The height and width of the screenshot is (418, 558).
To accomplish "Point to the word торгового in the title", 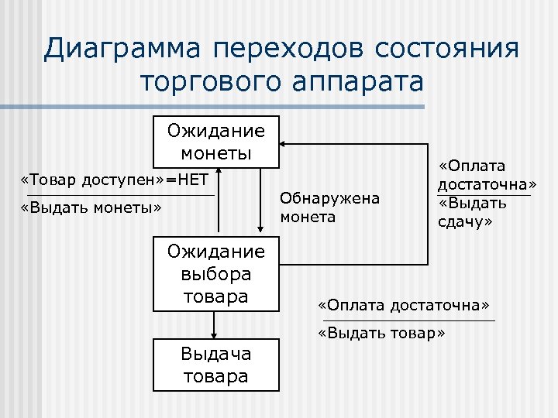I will pyautogui.click(x=208, y=81).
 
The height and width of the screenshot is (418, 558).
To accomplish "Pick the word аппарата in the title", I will pyautogui.click(x=356, y=81).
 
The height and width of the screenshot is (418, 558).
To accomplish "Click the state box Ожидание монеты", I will pyautogui.click(x=216, y=141).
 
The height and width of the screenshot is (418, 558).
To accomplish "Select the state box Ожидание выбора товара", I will pyautogui.click(x=216, y=273).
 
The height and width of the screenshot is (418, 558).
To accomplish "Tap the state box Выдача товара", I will pyautogui.click(x=216, y=365).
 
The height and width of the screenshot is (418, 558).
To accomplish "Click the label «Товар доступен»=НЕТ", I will pyautogui.click(x=115, y=180).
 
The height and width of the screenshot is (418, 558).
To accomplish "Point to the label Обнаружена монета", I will pyautogui.click(x=330, y=207).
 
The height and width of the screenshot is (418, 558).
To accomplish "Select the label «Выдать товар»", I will pyautogui.click(x=382, y=334).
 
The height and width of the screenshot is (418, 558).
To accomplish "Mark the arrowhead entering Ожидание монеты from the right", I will pyautogui.click(x=284, y=144).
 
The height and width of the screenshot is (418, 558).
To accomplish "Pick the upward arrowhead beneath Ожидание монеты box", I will pyautogui.click(x=220, y=170).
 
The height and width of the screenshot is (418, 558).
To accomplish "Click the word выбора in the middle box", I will pyautogui.click(x=216, y=274).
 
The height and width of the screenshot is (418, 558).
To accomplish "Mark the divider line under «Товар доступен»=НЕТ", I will pyautogui.click(x=120, y=195).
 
